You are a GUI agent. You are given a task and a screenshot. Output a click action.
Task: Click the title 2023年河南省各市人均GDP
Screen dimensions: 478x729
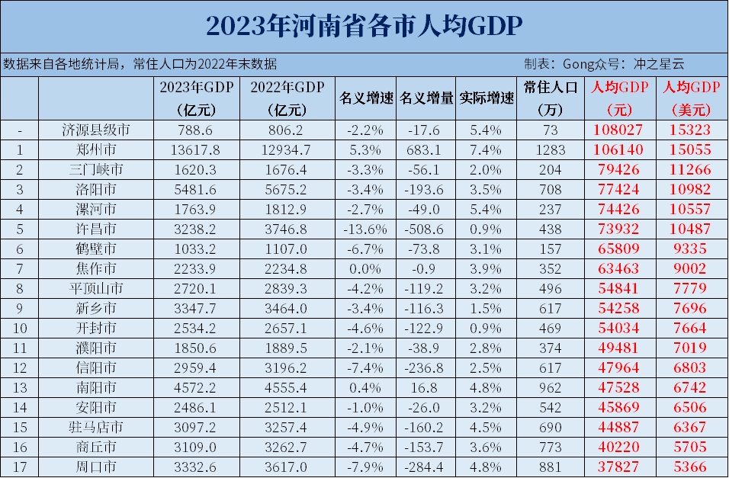364,26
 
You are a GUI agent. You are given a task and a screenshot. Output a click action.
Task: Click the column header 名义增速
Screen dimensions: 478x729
366,98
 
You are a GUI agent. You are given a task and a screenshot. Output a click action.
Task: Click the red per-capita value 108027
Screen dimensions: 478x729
618,130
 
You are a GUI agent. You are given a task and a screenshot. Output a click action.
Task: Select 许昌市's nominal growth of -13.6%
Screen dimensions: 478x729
366,229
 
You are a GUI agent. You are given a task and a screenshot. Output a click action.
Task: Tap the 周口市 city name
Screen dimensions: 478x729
95,466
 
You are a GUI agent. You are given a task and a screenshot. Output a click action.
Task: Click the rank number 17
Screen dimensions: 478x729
19,466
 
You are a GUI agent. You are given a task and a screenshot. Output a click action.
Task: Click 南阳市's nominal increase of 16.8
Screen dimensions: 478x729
426,387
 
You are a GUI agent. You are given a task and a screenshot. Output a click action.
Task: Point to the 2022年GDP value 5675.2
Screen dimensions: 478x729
287,189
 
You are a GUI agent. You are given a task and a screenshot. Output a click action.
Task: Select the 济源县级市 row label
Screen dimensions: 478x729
95,130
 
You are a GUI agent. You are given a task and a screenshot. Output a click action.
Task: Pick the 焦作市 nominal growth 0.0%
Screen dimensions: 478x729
366,268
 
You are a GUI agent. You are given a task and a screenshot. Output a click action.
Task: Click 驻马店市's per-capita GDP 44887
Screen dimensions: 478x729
618,427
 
